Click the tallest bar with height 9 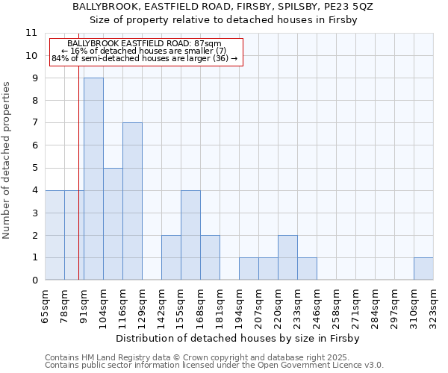[93, 179]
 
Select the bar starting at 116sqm [132, 201]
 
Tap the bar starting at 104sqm [113, 224]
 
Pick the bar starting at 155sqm [190, 235]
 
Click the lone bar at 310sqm [423, 269]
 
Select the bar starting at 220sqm [287, 257]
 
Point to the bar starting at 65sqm [55, 235]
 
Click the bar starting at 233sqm [307, 269]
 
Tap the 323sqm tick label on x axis [433, 306]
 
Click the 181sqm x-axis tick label [220, 306]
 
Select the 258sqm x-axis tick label [336, 306]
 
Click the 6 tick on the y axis [34, 145]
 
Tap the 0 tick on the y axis [34, 280]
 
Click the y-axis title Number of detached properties [7, 160]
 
